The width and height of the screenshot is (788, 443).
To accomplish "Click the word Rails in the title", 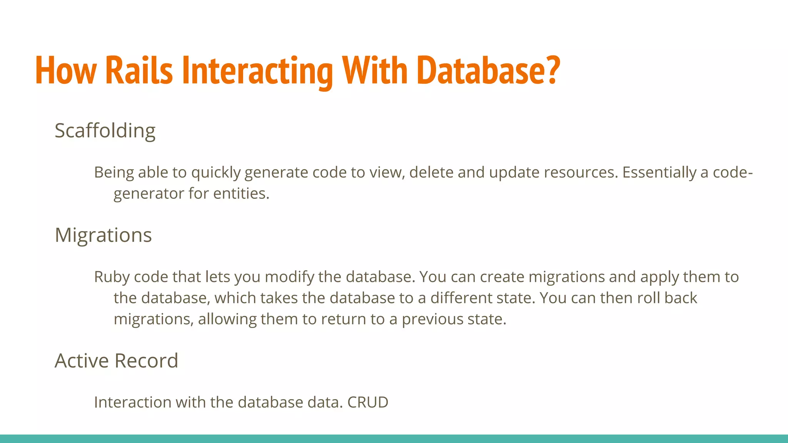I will (139, 71).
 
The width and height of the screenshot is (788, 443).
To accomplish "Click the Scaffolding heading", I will (105, 131).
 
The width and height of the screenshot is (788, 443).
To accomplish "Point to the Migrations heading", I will (103, 235).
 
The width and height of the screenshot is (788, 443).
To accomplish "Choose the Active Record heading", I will (116, 361).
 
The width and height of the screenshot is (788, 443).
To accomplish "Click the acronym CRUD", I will (368, 402).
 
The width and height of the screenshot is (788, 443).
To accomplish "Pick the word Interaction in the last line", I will (133, 402).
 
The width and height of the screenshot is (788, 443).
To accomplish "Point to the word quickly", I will (215, 173).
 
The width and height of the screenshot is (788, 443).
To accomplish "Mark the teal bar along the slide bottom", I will (394, 439).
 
